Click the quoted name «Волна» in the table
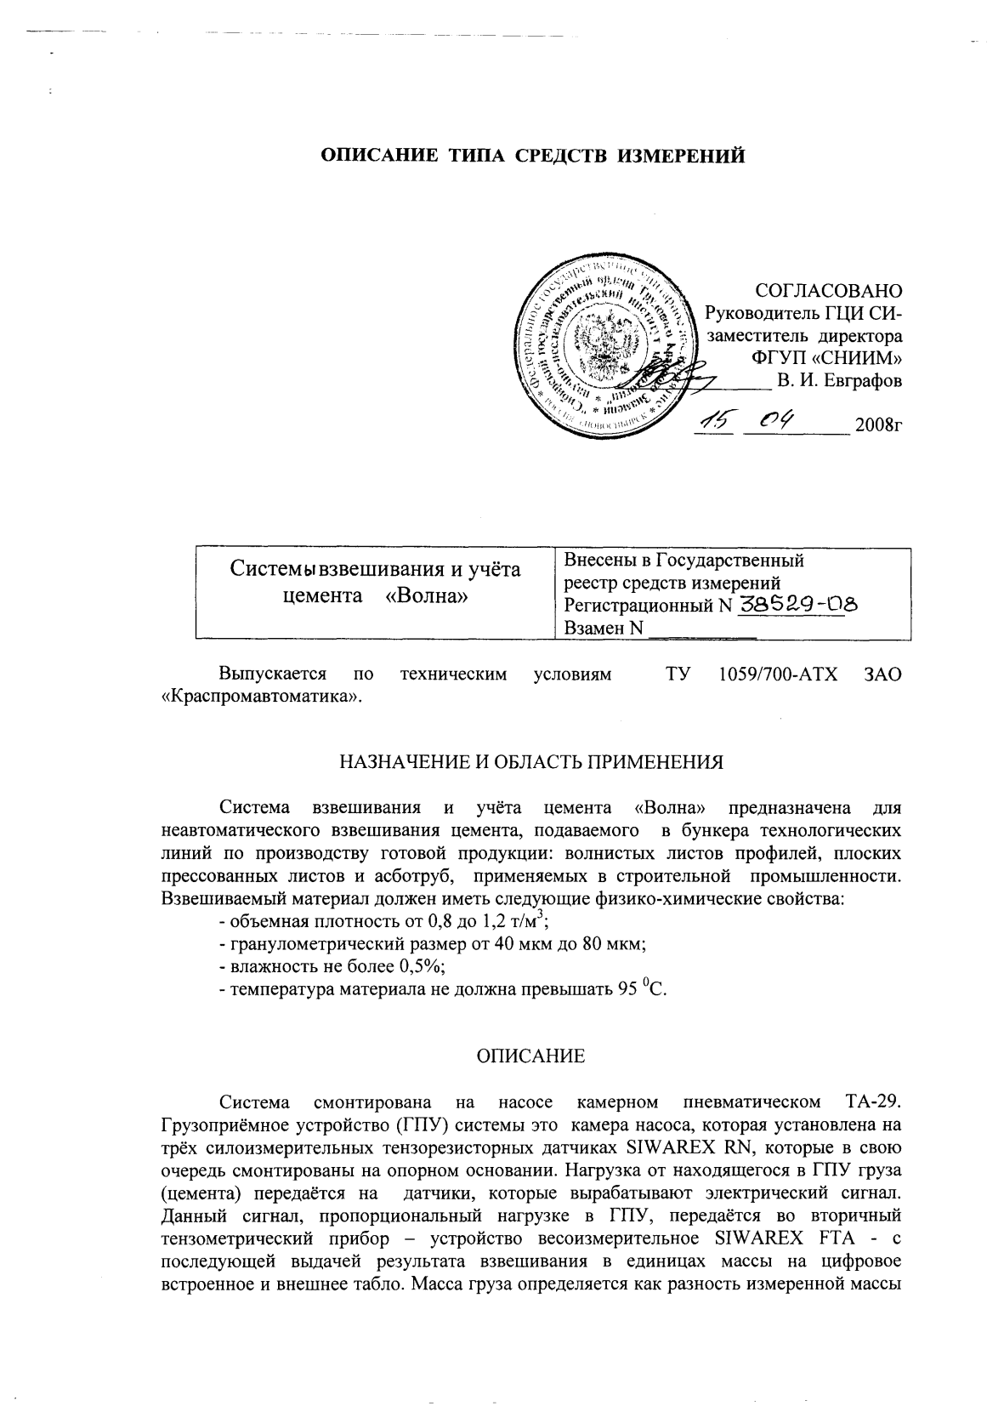427,595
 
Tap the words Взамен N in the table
603,629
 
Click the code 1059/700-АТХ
778,675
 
